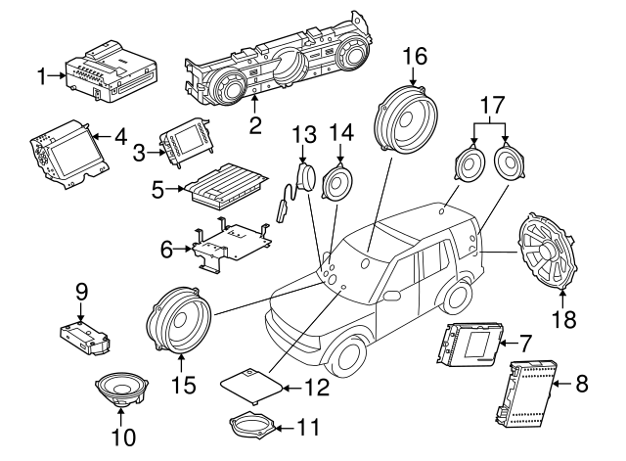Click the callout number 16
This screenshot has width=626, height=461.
point(415,56)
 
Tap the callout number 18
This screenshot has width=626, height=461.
point(564,319)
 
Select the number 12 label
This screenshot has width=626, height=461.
point(317,387)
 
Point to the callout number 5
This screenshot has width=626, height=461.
point(158,190)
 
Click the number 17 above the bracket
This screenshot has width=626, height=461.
point(492,105)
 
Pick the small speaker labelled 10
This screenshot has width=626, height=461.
point(121,390)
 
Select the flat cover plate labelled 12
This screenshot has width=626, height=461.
point(251,385)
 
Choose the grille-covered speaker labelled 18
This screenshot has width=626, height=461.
point(546,250)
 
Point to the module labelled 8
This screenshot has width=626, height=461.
point(526,393)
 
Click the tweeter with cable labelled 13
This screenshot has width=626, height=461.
point(296,188)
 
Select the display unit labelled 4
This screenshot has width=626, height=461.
point(69,154)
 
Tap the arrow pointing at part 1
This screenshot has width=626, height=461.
point(57,75)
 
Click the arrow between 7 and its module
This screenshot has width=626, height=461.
point(509,344)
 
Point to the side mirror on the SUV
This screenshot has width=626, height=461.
point(391,296)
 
